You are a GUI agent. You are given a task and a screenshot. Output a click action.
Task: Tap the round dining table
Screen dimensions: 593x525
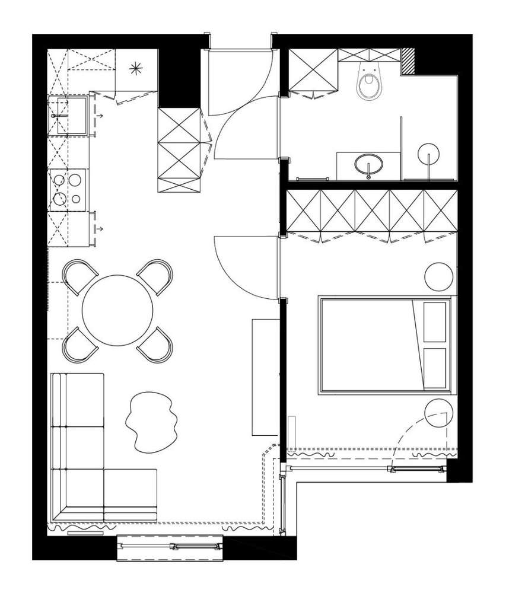pos(117,310)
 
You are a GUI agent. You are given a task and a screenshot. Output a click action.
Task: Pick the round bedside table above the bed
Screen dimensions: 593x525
pos(440,276)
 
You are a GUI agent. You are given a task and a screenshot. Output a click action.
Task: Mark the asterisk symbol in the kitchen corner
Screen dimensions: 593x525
pos(136,69)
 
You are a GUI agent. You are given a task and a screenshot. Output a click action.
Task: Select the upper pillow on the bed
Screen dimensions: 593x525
pos(435,321)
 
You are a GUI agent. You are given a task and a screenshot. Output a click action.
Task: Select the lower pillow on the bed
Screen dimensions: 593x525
pos(435,368)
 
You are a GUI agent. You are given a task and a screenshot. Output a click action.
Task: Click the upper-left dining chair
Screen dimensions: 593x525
pos(79,276)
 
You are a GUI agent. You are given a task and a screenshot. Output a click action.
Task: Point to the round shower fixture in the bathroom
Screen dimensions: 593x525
pos(429,155)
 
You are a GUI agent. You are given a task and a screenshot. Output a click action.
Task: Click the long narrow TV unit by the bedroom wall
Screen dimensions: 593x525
pos(262,377)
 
